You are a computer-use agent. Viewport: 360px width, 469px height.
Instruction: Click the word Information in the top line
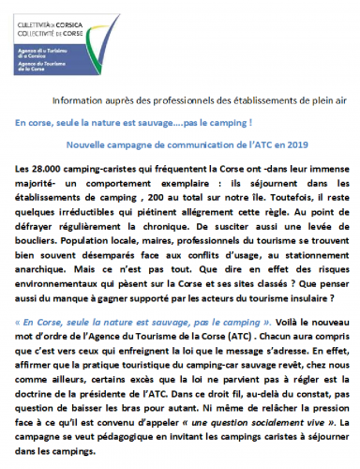[78, 98]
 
